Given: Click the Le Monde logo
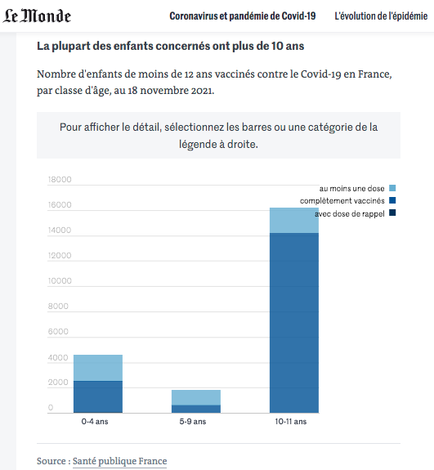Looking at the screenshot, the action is coord(37,16).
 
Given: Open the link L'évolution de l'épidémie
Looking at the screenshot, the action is coord(381,16).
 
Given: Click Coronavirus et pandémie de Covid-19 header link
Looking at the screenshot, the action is coord(243,16).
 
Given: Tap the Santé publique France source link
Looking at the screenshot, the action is coord(119,461).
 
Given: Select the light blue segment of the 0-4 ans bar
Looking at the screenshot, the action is coord(98,368).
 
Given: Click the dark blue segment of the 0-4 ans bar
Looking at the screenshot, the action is coord(98,397).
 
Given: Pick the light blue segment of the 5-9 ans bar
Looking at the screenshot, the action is coord(196,397).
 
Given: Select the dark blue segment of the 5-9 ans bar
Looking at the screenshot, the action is coord(196,409).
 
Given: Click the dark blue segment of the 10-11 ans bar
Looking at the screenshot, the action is coord(294,323).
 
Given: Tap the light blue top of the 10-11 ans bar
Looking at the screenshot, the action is coord(294,221).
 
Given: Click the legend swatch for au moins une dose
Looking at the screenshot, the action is coord(392,188).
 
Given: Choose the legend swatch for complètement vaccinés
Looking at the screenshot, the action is coord(392,200).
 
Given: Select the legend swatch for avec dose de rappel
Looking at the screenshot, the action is coord(392,213).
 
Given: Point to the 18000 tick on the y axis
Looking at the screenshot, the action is coord(60,179).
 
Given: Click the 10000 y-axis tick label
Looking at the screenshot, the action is coord(60,280).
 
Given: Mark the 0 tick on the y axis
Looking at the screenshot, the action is coord(51,407).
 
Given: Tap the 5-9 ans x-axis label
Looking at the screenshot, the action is coord(193,422).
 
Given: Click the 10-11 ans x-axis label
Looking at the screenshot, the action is coord(291,422).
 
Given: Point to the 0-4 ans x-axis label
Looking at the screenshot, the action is coord(95,422).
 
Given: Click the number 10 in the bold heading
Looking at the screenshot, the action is coord(276,46).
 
